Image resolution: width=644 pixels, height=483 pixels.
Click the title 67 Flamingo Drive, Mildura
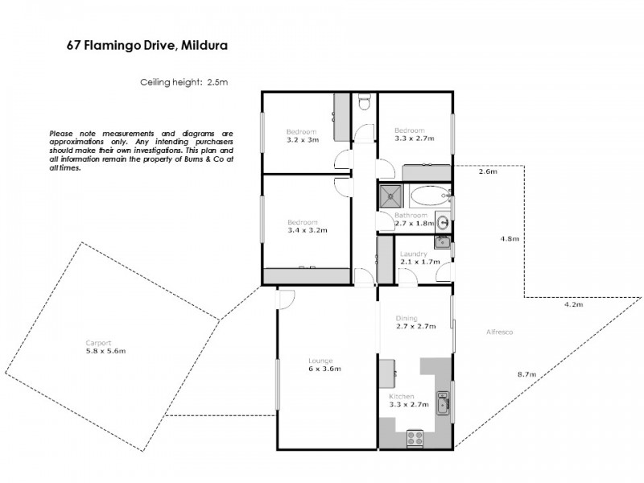[x=147, y=46]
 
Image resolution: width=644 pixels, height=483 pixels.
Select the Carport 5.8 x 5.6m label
[x=105, y=347]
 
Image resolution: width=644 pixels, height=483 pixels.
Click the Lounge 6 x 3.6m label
[x=320, y=365]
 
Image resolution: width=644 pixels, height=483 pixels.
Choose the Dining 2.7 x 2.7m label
[x=415, y=322]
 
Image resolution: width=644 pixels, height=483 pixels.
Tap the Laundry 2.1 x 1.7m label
[x=419, y=258]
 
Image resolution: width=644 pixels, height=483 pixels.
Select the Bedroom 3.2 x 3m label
[x=303, y=135]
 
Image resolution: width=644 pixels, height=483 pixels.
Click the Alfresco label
[x=499, y=332]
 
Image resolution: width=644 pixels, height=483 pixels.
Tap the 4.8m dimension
[x=510, y=239]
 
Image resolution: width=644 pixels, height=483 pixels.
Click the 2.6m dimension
[x=488, y=171]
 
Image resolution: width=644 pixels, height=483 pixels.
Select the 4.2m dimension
[x=572, y=305]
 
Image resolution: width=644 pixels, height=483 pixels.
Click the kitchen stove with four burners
[x=415, y=439]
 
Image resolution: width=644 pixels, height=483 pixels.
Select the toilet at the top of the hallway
[x=364, y=102]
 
